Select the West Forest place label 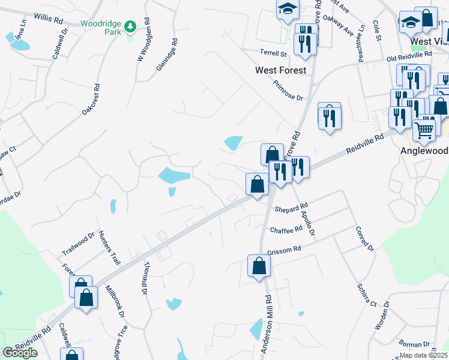tap(280, 70)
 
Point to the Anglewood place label tap(424, 151)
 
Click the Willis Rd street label tap(49, 19)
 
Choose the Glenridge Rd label tap(167, 56)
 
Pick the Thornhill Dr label tap(145, 278)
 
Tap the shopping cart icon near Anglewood tap(424, 130)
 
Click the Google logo tap(20, 353)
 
